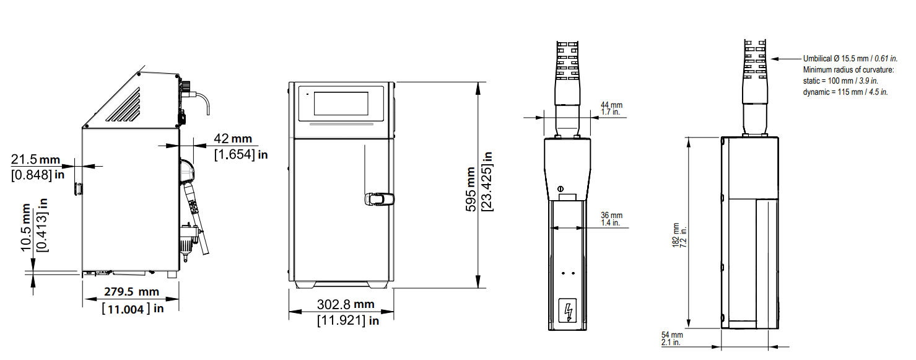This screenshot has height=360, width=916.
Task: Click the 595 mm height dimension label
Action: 471,189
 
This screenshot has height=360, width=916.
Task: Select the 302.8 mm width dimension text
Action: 346,304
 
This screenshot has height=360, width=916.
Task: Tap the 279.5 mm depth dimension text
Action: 131,292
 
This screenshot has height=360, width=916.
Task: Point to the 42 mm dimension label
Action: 233,138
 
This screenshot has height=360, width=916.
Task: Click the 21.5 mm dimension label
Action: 35,159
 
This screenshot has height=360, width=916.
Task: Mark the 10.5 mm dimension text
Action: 26,227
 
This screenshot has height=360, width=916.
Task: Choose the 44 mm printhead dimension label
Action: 611,105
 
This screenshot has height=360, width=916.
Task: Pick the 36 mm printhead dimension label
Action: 611,215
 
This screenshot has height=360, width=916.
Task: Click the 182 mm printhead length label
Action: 676,235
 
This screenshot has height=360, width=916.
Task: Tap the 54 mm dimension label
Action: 672,335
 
